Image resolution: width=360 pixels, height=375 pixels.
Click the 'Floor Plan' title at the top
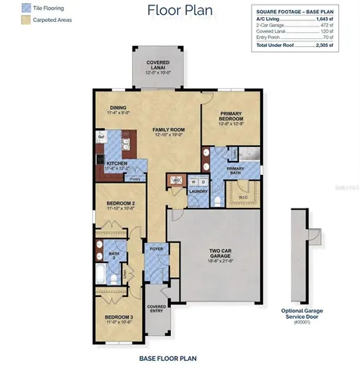pyautogui.click(x=179, y=10)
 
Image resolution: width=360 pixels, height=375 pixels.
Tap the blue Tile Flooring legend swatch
pyautogui.click(x=12, y=8)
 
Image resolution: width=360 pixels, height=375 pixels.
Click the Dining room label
pyautogui.click(x=119, y=110)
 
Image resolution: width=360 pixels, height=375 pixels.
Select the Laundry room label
pyautogui.click(x=198, y=191)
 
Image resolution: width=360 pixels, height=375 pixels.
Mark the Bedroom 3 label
pyautogui.click(x=120, y=318)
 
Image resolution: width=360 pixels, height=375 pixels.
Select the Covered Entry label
pyautogui.click(x=157, y=309)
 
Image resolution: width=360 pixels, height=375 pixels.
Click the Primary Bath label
pyautogui.click(x=235, y=170)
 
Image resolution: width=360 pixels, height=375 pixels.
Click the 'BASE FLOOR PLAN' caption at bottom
pyautogui.click(x=168, y=358)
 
